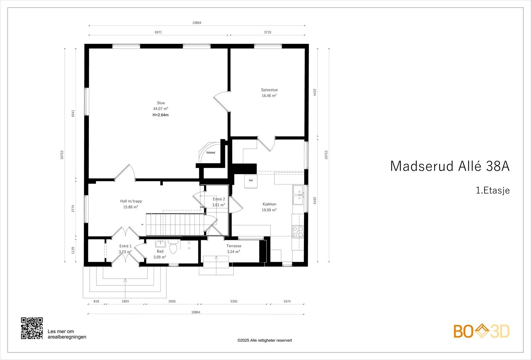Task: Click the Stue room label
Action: click(161, 103)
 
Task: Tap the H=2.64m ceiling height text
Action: click(161, 115)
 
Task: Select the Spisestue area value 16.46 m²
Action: click(269, 96)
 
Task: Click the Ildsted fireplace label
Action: click(211, 153)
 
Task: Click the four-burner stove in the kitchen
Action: click(298, 231)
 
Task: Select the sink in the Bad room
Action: click(160, 244)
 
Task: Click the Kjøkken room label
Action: click(269, 204)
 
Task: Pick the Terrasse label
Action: click(234, 246)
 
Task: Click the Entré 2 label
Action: click(219, 199)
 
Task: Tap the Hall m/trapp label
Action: click(131, 201)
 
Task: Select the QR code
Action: click(32, 328)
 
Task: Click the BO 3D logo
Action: click(482, 331)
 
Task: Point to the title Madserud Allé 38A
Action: click(449, 166)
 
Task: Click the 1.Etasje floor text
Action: click(493, 190)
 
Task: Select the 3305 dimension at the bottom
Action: click(234, 302)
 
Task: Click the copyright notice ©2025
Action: click(265, 340)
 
